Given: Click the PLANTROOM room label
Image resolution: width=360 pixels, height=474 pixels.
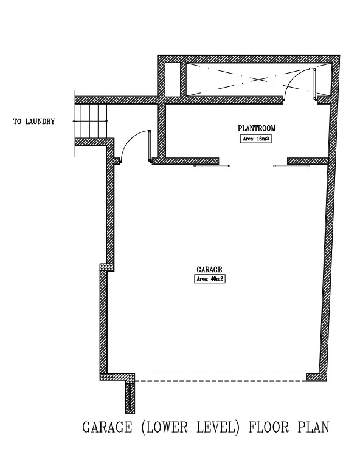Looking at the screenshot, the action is (x=257, y=128).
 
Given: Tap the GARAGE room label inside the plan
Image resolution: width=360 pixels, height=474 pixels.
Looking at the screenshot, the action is (x=209, y=269).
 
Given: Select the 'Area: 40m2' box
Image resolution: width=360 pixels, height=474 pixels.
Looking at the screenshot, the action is (x=210, y=279).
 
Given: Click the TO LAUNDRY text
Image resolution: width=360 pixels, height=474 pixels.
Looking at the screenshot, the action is (x=34, y=122).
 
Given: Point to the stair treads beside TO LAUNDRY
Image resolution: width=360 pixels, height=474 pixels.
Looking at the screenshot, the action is (x=91, y=121).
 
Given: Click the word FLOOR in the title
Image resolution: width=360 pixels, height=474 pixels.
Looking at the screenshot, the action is (x=269, y=427).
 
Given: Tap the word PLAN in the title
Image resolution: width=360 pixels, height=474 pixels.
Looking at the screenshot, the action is (x=313, y=427).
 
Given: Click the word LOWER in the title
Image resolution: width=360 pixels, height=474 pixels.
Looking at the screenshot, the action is (x=165, y=427).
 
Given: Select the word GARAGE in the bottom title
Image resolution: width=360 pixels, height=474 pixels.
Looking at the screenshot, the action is (x=108, y=427).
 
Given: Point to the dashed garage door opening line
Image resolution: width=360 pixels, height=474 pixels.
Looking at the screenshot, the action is (x=220, y=377).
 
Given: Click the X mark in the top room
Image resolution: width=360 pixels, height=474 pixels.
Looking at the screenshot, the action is (x=258, y=80).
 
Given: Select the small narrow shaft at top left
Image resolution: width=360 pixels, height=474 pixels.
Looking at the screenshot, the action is (x=173, y=80).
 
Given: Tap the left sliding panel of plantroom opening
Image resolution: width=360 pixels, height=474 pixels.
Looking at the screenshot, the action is (x=212, y=166).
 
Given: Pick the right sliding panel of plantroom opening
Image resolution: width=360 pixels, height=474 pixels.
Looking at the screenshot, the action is (x=292, y=166).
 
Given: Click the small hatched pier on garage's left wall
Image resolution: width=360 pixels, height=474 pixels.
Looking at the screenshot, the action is (x=107, y=267).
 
